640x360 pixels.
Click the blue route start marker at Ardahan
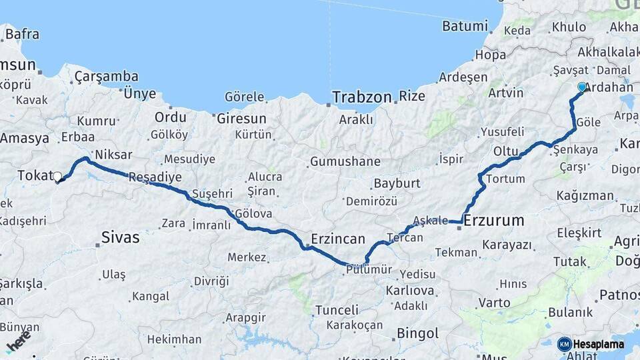pyautogui.click(x=582, y=87)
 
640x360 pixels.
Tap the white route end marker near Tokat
pyautogui.click(x=57, y=177)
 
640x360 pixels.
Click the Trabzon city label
pyautogui.click(x=362, y=97)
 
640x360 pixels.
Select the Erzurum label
pyautogui.click(x=493, y=221)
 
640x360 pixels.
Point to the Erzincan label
pyautogui.click(x=338, y=239)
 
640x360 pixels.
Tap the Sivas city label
pyautogui.click(x=121, y=237)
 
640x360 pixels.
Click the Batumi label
pyautogui.click(x=465, y=27)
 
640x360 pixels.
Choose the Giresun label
pyautogui.click(x=241, y=119)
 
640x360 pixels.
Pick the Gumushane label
pyautogui.click(x=345, y=161)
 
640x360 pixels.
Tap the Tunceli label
pyautogui.click(x=337, y=310)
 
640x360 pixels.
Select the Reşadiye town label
pyautogui.click(x=155, y=177)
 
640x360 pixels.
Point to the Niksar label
pyautogui.click(x=113, y=153)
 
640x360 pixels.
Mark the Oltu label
pyautogui.click(x=506, y=151)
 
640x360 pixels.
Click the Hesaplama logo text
pyautogui.click(x=599, y=345)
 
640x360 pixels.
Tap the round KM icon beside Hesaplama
pyautogui.click(x=564, y=345)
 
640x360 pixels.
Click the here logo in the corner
pyautogui.click(x=19, y=340)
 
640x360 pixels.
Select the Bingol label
pyautogui.click(x=417, y=333)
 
